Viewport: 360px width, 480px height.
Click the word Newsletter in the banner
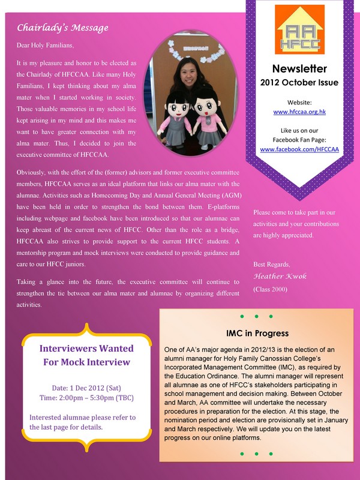pyautogui.click(x=299, y=68)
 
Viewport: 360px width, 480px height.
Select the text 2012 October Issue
pyautogui.click(x=299, y=82)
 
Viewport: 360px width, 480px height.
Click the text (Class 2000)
pyautogui.click(x=271, y=289)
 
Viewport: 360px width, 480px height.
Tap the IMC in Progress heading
pyautogui.click(x=257, y=333)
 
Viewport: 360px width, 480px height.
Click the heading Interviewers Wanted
pyautogui.click(x=86, y=349)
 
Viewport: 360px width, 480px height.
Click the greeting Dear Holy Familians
pyautogui.click(x=54, y=44)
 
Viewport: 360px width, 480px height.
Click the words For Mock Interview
pyautogui.click(x=86, y=362)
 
